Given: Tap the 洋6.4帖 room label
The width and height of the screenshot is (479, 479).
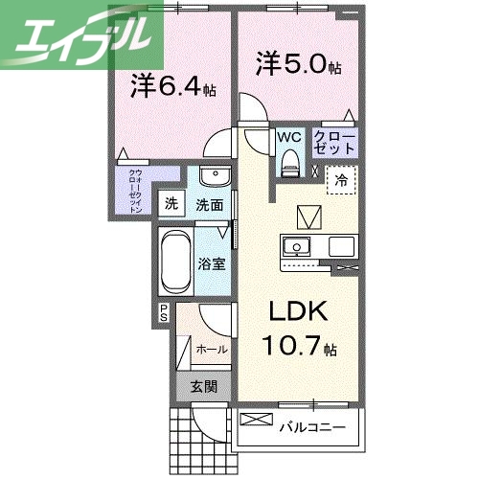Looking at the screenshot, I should pos(173,87).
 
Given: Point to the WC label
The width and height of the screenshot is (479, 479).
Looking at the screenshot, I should pos(288,137).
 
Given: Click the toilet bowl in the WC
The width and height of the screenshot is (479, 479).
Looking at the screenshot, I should pos(288,165).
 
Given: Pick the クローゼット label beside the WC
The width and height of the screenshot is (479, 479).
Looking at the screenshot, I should pos(334,145).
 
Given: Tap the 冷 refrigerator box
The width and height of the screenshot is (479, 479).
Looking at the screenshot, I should pos(341,178).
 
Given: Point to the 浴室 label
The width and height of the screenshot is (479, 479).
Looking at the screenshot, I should pos(214,262).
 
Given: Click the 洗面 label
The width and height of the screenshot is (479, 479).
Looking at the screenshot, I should pos(210,204).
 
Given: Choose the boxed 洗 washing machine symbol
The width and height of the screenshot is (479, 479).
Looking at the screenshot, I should pos(171,203).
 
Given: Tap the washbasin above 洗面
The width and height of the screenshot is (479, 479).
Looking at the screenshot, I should pos(216,178).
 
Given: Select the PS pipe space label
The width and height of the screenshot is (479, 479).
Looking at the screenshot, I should pos(164,311).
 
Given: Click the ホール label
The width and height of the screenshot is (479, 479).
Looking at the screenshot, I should pos(211,350).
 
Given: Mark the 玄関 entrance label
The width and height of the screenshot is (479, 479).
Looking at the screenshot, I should pos(202,387).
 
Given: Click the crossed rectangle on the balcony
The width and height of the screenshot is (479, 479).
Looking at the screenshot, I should pos(256,420).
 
